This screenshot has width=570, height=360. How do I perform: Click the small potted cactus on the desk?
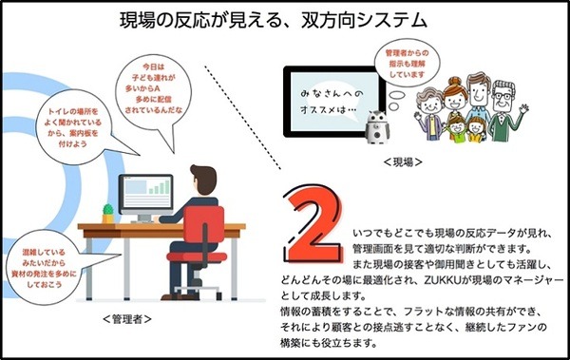click(x=107, y=208)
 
